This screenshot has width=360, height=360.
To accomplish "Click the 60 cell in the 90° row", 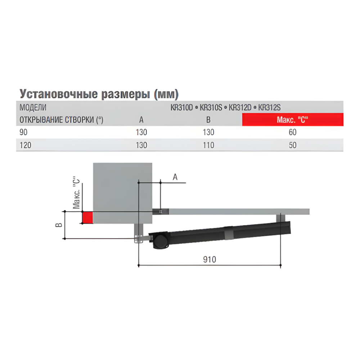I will point(293,132).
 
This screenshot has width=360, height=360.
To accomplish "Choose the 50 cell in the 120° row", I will point(293,145).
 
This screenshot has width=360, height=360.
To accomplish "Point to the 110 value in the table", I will point(208,145).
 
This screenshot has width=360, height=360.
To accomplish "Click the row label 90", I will point(23,132).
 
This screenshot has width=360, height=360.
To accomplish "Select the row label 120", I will point(25,145).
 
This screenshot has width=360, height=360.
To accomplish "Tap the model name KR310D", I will point(183,107).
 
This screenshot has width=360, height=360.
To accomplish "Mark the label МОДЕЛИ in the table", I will point(33,107).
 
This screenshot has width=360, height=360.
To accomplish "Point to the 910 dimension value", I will point(209,260).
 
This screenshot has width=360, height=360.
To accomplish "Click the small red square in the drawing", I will point(87,217).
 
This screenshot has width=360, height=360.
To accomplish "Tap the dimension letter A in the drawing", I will point(175,177).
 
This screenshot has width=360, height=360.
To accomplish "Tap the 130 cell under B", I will point(208,132).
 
